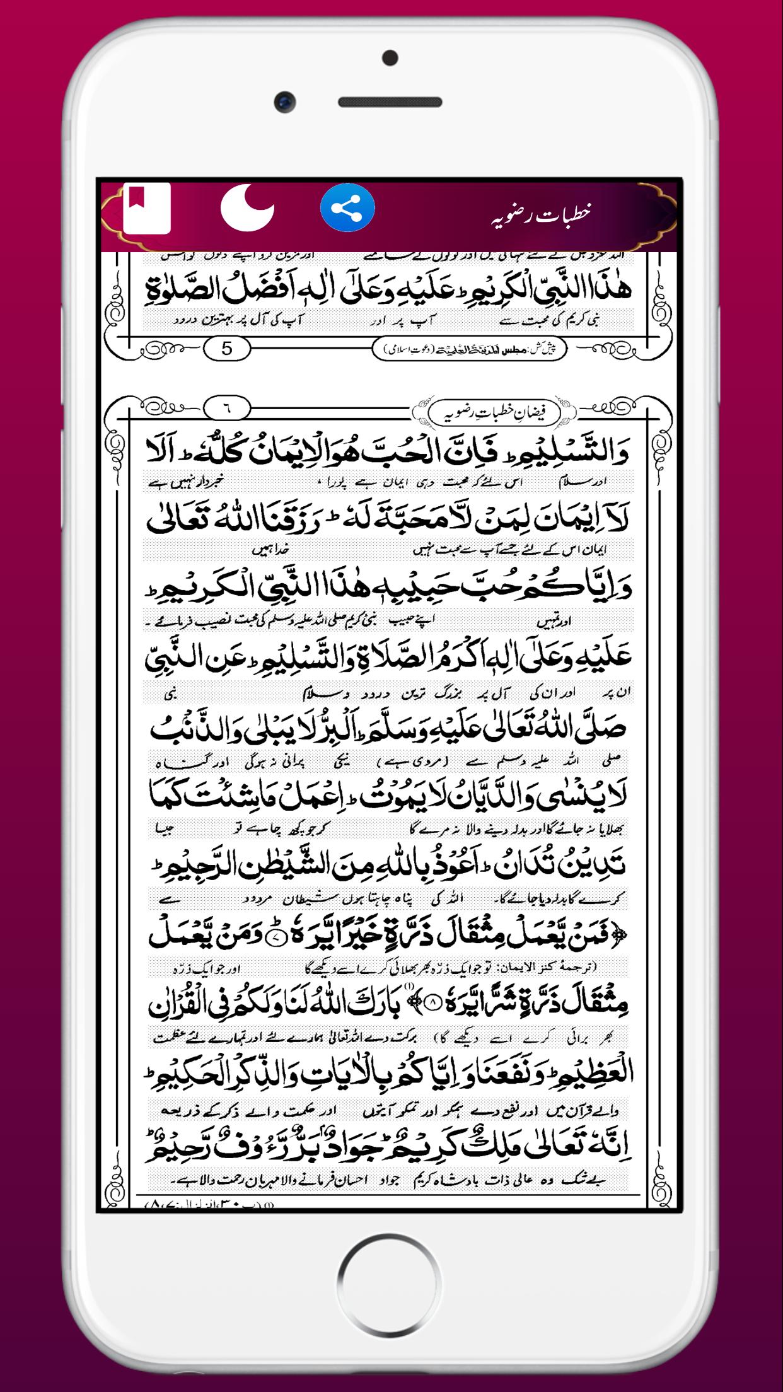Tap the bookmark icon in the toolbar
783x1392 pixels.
[x=146, y=209]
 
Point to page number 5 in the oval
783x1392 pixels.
[x=227, y=348]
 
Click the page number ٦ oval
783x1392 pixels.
[x=227, y=408]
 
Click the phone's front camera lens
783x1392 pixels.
[x=286, y=101]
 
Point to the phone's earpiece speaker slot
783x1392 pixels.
[x=391, y=101]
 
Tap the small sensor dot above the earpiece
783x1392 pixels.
[x=391, y=58]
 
